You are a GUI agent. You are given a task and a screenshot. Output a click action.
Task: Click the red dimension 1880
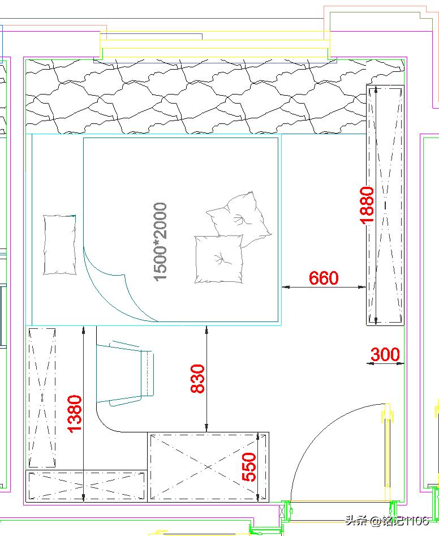tap(367, 205)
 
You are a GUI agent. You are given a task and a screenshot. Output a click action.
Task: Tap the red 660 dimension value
tap(324, 278)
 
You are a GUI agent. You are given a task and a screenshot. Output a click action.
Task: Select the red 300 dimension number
tap(385, 354)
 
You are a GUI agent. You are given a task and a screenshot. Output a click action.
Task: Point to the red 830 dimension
tap(197, 379)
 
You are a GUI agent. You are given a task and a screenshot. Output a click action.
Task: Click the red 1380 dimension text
tap(75, 414)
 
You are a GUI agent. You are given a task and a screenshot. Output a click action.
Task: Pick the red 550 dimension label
tap(249, 467)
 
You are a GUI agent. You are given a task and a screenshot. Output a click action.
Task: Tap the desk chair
tap(125, 374)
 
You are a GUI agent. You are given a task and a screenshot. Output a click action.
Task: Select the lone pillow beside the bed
tap(59, 245)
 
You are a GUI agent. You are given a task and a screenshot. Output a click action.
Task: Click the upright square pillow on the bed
tap(219, 259)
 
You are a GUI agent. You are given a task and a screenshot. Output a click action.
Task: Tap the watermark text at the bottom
tap(387, 521)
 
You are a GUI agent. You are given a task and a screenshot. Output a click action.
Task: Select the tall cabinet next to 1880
tap(385, 205)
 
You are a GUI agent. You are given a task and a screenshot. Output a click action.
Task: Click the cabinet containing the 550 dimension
tap(208, 467)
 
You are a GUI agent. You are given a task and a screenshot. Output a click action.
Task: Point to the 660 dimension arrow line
tap(324, 287)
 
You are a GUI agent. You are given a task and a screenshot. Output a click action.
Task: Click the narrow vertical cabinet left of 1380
tap(42, 398)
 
